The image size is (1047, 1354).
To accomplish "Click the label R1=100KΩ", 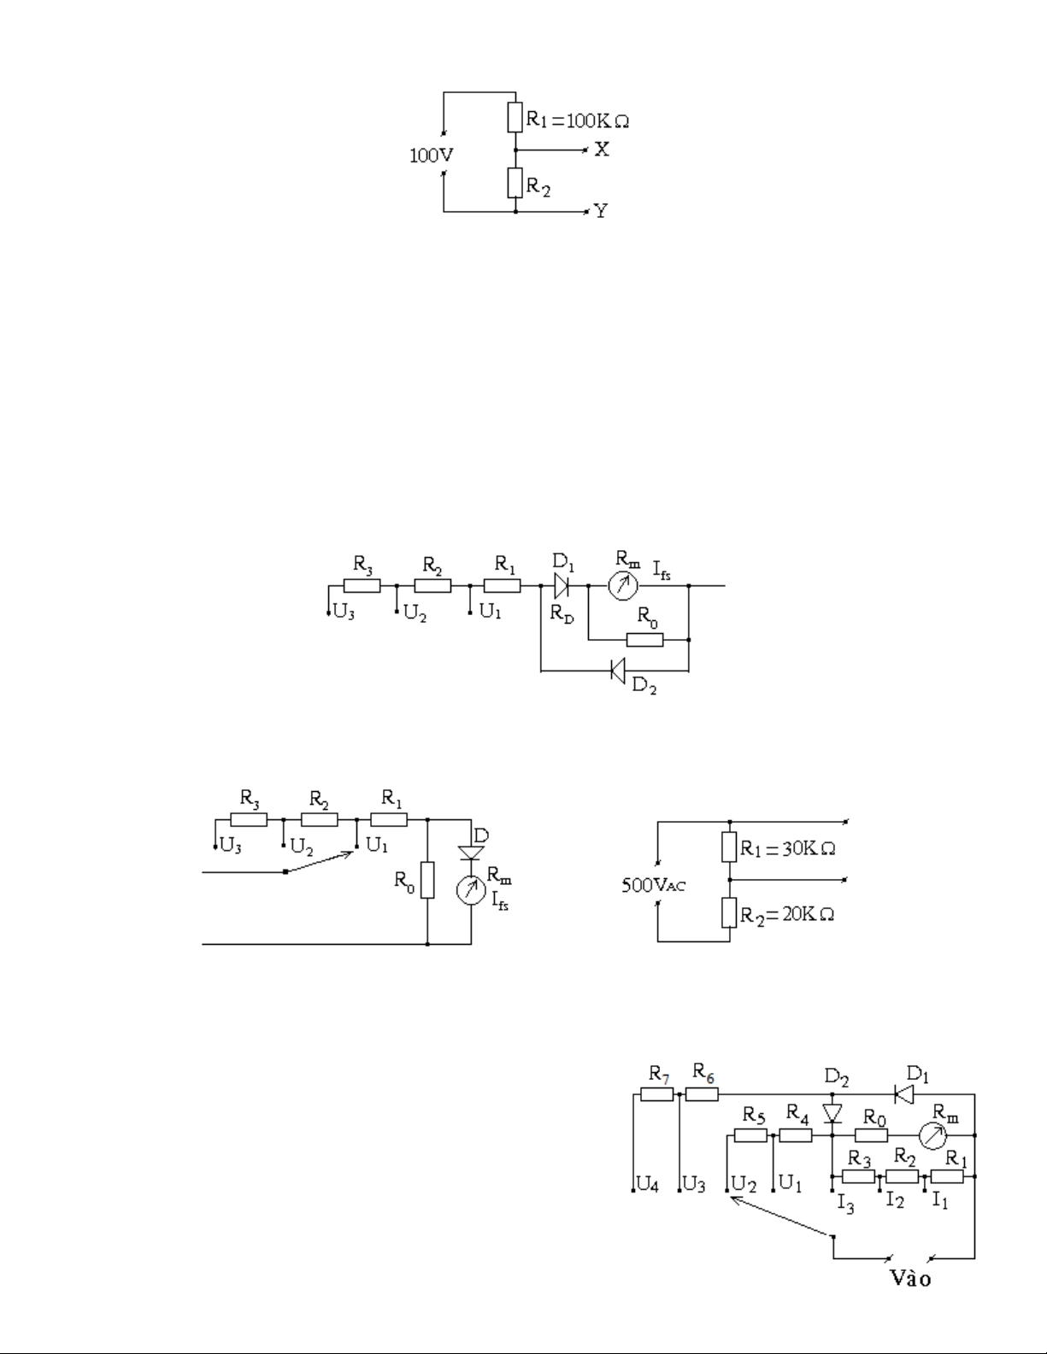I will coord(577,120).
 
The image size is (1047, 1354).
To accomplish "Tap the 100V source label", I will coord(431,156).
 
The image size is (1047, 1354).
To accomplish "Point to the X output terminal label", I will coord(602,149).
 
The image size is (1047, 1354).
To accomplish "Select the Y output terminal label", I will coord(601,210).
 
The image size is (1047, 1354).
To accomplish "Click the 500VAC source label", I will coord(653,885).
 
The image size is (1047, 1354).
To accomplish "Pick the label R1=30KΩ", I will coord(787,849).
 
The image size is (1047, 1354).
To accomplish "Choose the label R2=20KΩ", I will coord(787,915).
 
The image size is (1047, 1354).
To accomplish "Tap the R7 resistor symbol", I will coord(657,1093).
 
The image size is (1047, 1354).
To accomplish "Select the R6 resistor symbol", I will coord(702,1093).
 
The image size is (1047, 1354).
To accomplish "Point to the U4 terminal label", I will coord(647,1186).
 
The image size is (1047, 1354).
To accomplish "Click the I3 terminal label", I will coord(845,1205).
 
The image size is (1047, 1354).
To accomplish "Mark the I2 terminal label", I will coord(894,1199).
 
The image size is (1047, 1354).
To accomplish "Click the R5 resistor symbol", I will coord(750,1135).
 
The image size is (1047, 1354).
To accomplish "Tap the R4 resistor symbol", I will coord(796,1135).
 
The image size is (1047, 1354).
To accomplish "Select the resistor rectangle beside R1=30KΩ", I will coord(729,847).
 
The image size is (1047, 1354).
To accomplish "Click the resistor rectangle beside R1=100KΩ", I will coord(515,117).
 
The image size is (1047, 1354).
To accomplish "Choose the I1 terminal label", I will coord(939,1199).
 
